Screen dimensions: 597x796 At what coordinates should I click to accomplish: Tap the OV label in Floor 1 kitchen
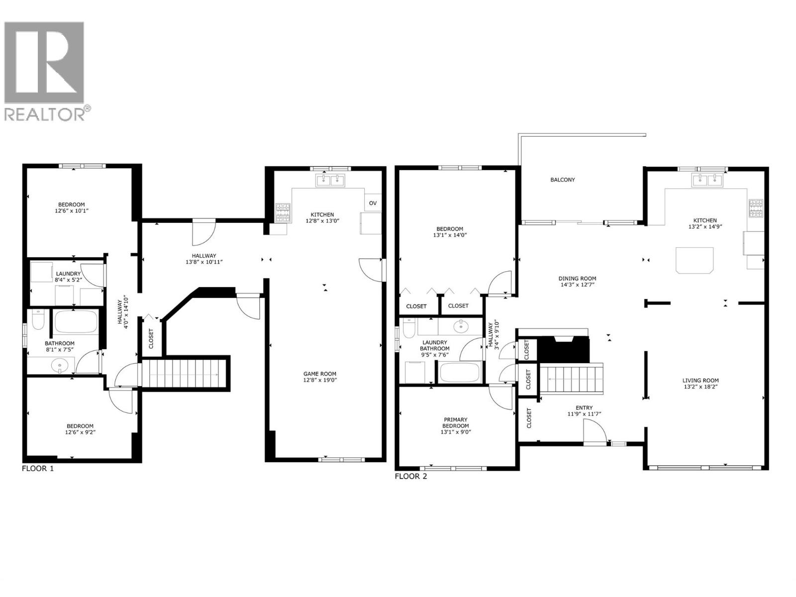point(373,203)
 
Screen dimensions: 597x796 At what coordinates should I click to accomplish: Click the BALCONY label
point(562,180)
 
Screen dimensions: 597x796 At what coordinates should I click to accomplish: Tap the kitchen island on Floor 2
point(695,260)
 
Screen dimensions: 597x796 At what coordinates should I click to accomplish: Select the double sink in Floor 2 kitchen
point(707,180)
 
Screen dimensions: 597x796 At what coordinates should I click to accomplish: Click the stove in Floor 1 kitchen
point(284,213)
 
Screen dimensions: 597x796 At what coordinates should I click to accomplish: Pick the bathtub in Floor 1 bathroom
point(75,322)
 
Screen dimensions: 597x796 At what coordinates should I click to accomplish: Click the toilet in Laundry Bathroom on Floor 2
point(409,329)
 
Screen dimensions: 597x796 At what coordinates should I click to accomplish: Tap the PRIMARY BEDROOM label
point(455,423)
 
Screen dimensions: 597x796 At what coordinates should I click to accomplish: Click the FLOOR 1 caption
point(38,469)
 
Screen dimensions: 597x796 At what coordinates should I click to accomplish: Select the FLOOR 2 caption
point(410,476)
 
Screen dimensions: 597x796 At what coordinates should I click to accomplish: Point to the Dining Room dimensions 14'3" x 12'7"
point(577,285)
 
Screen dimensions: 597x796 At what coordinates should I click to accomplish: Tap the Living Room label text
point(700,381)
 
